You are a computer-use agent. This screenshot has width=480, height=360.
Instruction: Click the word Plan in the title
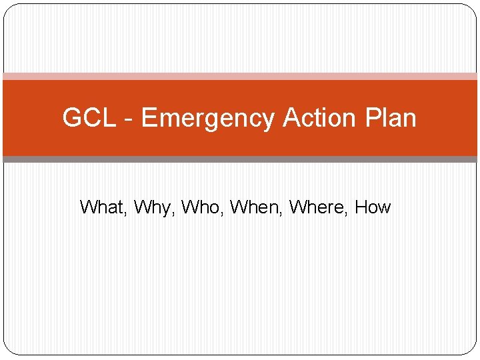(x=391, y=118)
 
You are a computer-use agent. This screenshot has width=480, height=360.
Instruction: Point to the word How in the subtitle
(x=373, y=207)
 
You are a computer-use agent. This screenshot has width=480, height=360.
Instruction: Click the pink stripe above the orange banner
(x=240, y=76)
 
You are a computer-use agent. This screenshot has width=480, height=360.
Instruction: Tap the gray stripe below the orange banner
(x=240, y=159)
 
